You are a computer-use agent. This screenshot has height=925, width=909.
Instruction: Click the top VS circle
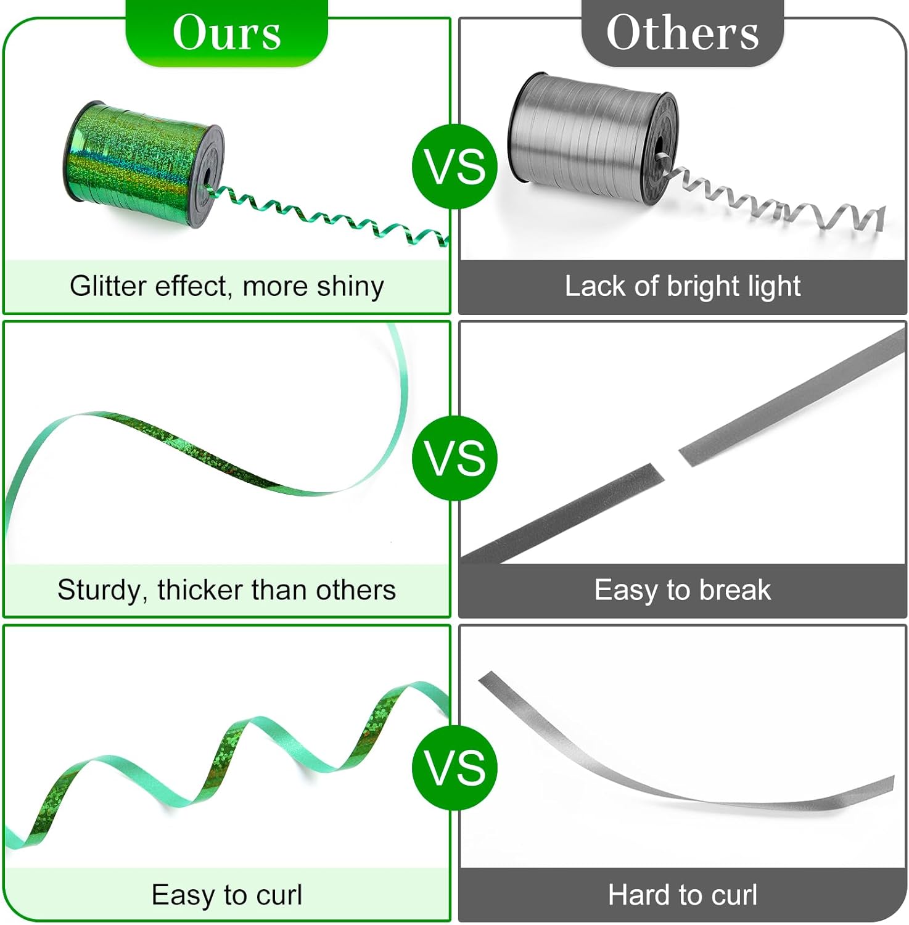(454, 166)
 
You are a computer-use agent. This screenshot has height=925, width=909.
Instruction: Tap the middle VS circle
(454, 458)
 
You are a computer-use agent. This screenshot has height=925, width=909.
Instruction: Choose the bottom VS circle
(454, 768)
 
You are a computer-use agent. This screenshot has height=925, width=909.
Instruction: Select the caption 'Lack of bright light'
(682, 287)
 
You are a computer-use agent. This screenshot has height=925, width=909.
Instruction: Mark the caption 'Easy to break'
(682, 590)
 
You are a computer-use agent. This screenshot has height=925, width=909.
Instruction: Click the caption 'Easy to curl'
(226, 895)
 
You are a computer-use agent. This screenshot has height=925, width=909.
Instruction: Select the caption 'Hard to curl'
(682, 895)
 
